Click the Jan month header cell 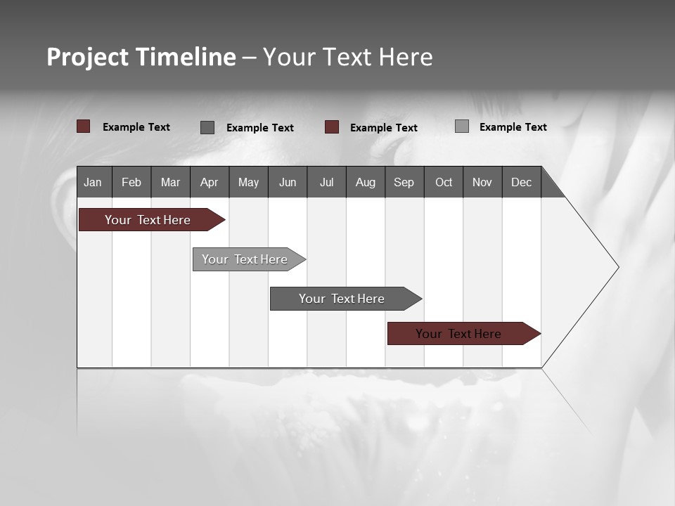(93, 182)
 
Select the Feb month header (131, 182)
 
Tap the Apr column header (210, 182)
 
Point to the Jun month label (288, 182)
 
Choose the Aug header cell (366, 182)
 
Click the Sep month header (404, 182)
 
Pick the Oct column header (444, 182)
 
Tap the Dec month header (522, 182)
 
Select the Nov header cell (482, 182)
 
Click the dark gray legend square (207, 127)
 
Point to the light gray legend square (462, 126)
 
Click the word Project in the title (88, 57)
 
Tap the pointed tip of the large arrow (617, 267)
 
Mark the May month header (248, 182)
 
